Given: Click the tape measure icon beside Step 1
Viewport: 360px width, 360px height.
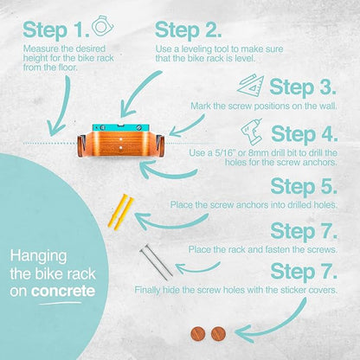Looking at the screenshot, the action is point(103,26).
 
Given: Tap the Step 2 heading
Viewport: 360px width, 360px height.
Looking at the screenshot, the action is point(189,30).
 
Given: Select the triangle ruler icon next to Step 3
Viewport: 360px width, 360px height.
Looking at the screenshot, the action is point(251,86).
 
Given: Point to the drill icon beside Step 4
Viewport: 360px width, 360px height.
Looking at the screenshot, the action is point(252,132).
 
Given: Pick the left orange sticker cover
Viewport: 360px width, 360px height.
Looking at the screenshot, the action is point(198,334).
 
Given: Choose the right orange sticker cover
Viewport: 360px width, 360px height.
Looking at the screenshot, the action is point(218,334).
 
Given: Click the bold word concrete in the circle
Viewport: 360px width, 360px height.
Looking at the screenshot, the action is point(63,292).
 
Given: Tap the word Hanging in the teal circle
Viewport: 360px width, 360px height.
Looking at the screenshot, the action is point(38,256).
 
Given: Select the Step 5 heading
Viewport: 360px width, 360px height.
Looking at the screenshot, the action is point(304,187).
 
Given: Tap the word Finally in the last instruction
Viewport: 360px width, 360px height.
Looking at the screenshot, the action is point(147,290).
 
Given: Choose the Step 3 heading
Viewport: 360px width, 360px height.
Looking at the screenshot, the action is point(303,87).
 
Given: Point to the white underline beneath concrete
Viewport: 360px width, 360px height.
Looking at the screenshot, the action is point(60,303).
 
